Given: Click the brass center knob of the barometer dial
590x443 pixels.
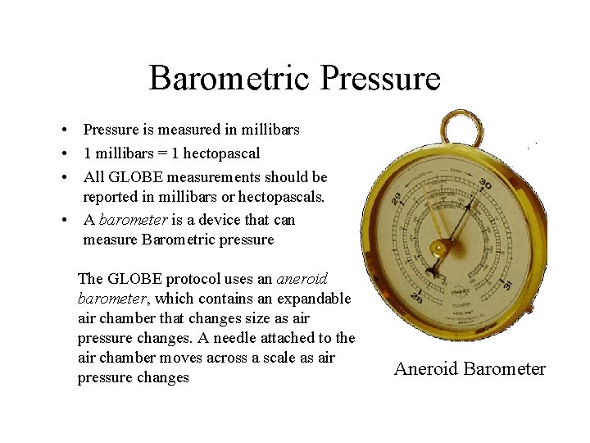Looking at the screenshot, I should tap(439, 247).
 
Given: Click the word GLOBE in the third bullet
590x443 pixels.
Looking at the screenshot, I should tap(134, 177).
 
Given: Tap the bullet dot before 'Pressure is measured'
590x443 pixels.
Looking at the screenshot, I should tap(63, 130).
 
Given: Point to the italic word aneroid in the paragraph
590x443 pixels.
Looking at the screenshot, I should tap(302, 279).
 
